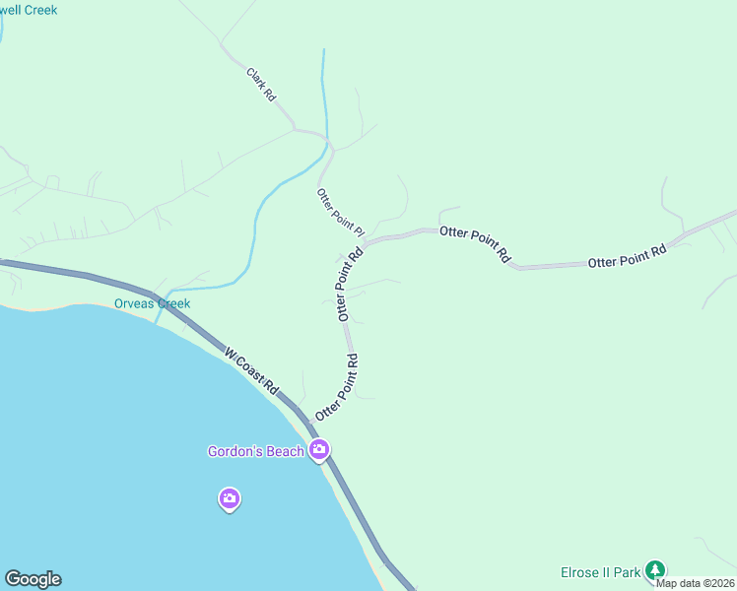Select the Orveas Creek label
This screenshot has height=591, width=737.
pyautogui.click(x=152, y=303)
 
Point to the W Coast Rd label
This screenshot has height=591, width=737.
pyautogui.click(x=250, y=372)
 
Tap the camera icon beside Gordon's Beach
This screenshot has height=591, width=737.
pyautogui.click(x=318, y=451)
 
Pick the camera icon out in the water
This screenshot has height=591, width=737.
pyautogui.click(x=229, y=499)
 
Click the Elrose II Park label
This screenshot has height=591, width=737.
pyautogui.click(x=600, y=571)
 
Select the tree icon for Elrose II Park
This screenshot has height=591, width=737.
pyautogui.click(x=655, y=570)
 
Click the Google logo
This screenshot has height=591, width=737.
pyautogui.click(x=33, y=579)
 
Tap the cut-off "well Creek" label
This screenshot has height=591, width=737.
pyautogui.click(x=30, y=10)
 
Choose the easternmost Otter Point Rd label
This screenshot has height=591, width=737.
pyautogui.click(x=628, y=256)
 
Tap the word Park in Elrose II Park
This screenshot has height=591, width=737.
pyautogui.click(x=629, y=571)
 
